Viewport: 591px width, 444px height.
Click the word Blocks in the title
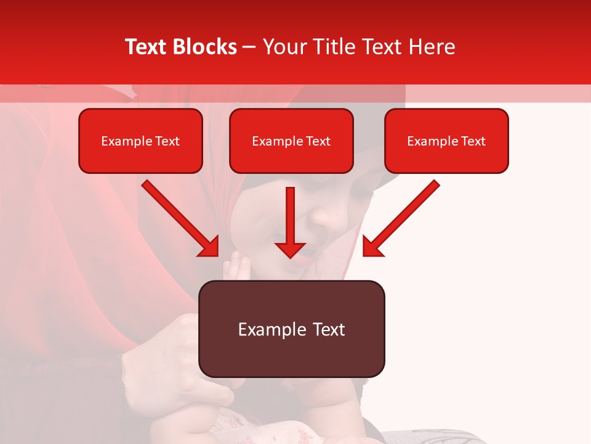tap(207, 47)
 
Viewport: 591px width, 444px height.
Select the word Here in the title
tap(432, 47)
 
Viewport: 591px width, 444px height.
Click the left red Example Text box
tap(140, 141)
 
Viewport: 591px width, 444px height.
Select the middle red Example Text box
tap(291, 141)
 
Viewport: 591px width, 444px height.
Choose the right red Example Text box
tap(446, 141)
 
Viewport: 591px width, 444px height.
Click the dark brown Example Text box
tap(292, 329)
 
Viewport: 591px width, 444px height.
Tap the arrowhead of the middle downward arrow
tap(290, 249)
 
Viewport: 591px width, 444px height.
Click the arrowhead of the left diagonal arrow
tap(209, 247)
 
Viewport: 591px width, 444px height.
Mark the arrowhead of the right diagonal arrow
tap(372, 247)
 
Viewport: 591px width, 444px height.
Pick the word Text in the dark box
tap(328, 329)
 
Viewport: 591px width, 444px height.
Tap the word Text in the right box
tap(473, 141)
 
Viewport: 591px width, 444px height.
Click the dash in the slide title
tap(250, 47)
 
